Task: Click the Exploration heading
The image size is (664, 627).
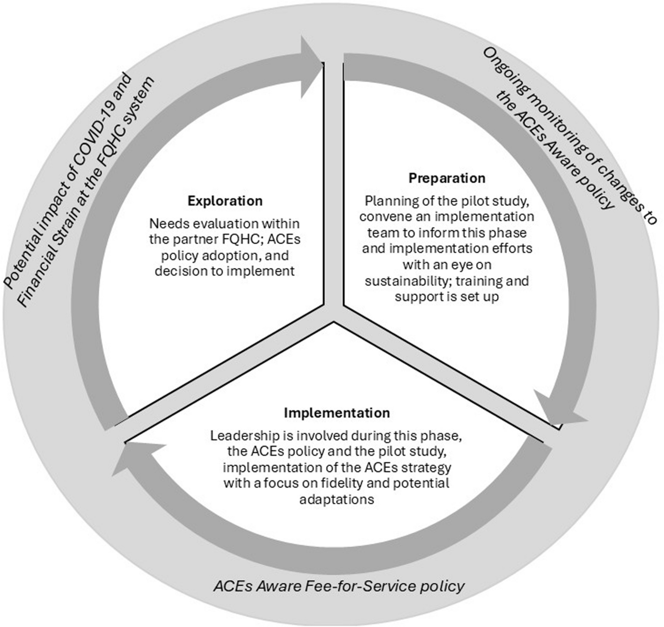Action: [x=225, y=201]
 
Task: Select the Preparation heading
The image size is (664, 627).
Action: [x=447, y=178]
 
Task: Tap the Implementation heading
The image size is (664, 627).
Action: [x=337, y=413]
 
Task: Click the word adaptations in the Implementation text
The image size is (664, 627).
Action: [x=336, y=499]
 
